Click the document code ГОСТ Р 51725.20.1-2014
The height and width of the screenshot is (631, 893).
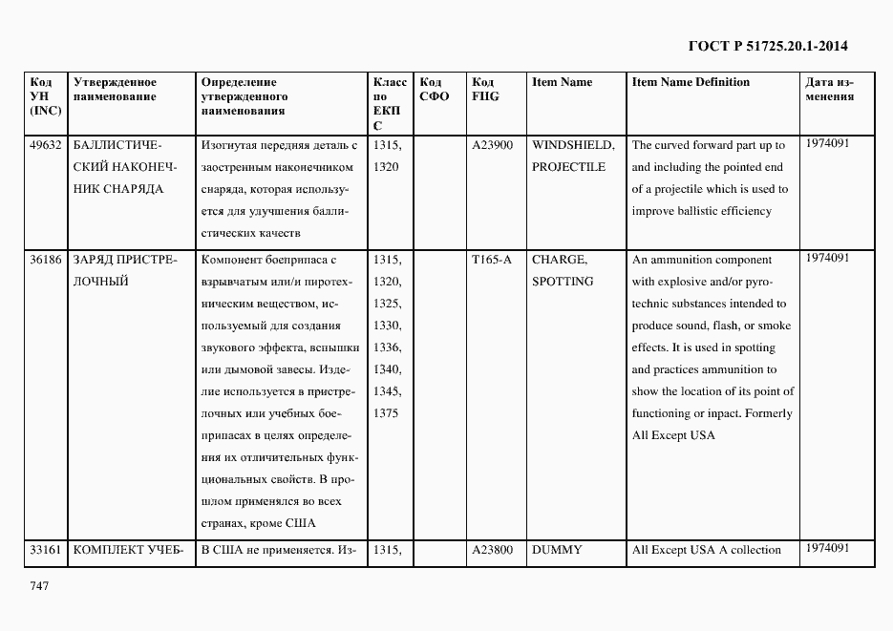tap(768, 45)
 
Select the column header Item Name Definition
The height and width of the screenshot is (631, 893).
tap(691, 82)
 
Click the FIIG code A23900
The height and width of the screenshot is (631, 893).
tap(492, 145)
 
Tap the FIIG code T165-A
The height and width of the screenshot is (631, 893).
tap(491, 260)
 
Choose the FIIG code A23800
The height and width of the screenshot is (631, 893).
tap(492, 550)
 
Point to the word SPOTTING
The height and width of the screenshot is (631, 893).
tap(563, 282)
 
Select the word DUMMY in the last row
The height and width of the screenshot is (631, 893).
tap(557, 550)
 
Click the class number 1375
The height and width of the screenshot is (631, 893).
tap(386, 413)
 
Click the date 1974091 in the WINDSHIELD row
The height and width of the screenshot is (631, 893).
tap(827, 143)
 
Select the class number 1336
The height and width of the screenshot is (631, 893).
tap(387, 347)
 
